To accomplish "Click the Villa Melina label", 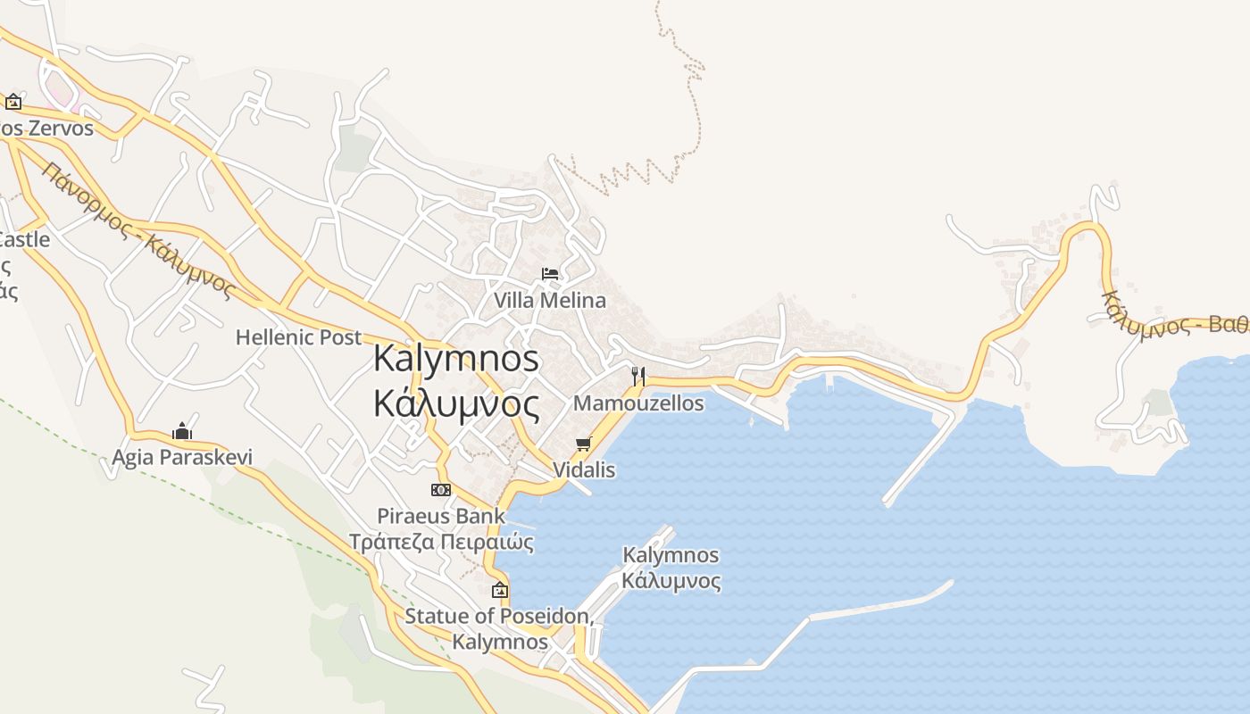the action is click(x=550, y=301).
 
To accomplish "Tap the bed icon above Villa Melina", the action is click(x=550, y=273).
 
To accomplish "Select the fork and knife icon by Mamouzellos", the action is click(x=637, y=376).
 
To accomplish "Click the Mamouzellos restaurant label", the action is click(x=638, y=403).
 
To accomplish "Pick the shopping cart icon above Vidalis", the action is click(x=584, y=444).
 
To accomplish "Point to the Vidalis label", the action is click(x=584, y=469).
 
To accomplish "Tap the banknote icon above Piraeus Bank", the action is click(x=441, y=490).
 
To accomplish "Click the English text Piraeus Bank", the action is click(x=441, y=516).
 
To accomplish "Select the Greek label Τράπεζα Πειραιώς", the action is click(x=441, y=542).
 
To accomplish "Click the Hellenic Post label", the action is click(x=298, y=337).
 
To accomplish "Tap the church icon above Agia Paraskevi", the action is click(x=182, y=432).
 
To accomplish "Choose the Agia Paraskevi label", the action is click(x=182, y=458).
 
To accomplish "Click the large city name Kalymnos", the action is click(x=456, y=359).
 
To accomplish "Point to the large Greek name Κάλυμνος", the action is click(x=456, y=404).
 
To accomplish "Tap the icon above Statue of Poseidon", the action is click(x=500, y=590).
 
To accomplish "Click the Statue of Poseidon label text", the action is click(x=498, y=616).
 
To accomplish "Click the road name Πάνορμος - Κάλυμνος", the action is click(x=138, y=230).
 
